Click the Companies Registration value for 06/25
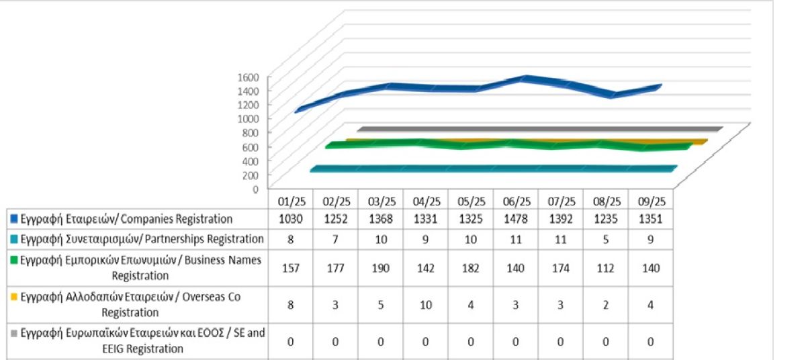click(x=516, y=218)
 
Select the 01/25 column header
click(x=291, y=201)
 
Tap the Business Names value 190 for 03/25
click(x=381, y=267)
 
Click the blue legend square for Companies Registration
click(x=13, y=219)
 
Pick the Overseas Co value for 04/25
click(x=426, y=305)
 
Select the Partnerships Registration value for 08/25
click(x=607, y=238)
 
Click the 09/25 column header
click(x=652, y=201)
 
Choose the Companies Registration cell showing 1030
click(x=291, y=218)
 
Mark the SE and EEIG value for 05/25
click(x=471, y=341)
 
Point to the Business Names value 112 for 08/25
click(x=607, y=267)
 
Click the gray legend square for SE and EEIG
click(x=13, y=333)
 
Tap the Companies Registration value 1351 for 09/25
click(x=652, y=218)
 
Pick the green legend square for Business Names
click(x=13, y=259)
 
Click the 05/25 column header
click(x=471, y=201)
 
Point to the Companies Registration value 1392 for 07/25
click(x=562, y=218)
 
